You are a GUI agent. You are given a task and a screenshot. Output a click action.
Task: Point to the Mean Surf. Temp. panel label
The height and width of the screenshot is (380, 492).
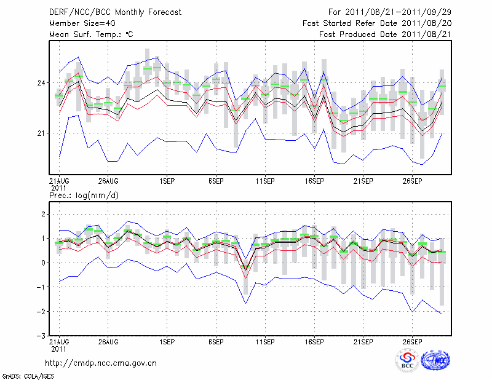click(x=91, y=34)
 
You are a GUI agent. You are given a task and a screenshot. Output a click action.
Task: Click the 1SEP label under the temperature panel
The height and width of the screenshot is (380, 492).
click(x=166, y=181)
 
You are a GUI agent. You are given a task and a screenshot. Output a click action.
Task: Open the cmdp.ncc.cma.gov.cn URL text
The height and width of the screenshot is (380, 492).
click(x=101, y=363)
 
